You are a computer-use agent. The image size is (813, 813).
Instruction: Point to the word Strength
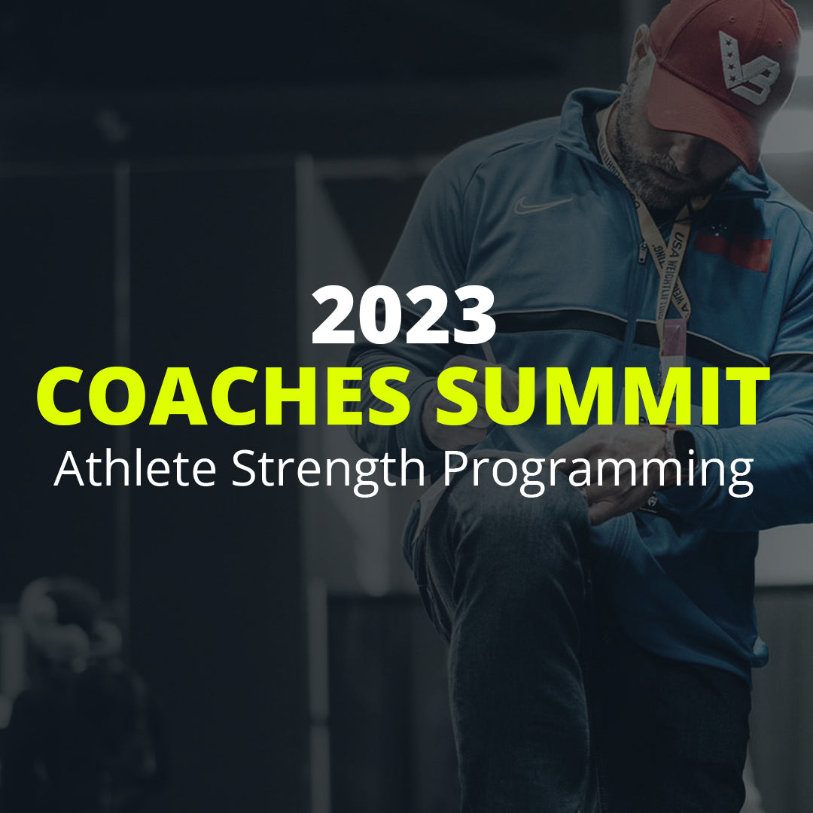pos(331,470)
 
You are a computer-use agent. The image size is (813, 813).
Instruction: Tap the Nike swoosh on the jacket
pos(543,204)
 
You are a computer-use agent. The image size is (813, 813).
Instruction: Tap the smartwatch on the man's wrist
pos(682,452)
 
